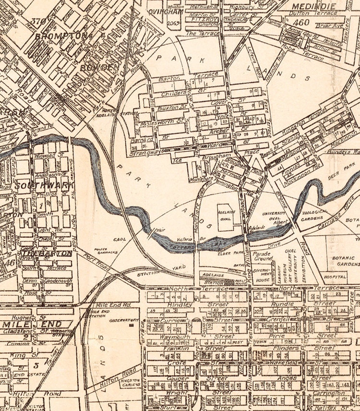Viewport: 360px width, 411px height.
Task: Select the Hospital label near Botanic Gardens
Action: (335, 277)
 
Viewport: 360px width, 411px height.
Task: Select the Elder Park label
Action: (225, 251)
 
